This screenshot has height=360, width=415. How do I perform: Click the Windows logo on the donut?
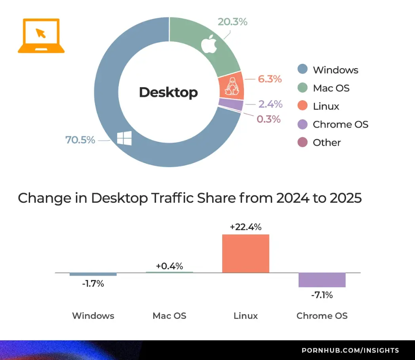pyautogui.click(x=124, y=139)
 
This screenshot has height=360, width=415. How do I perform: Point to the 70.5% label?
pyautogui.click(x=80, y=140)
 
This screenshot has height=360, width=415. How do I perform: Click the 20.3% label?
pyautogui.click(x=232, y=22)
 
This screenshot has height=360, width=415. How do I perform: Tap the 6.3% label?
pyautogui.click(x=270, y=79)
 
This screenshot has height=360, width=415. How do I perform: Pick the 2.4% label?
pyautogui.click(x=270, y=104)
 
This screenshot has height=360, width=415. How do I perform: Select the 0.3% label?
pyautogui.click(x=268, y=119)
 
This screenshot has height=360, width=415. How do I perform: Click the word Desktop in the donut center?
pyautogui.click(x=168, y=93)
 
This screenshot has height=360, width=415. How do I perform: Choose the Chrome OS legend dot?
pyautogui.click(x=303, y=124)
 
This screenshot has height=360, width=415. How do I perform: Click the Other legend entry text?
pyautogui.click(x=327, y=143)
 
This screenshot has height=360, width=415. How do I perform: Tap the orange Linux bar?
pyautogui.click(x=246, y=253)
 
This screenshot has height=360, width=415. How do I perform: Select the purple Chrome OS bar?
pyautogui.click(x=322, y=280)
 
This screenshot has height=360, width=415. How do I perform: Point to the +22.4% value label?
pyautogui.click(x=246, y=227)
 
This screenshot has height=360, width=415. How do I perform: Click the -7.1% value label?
pyautogui.click(x=322, y=295)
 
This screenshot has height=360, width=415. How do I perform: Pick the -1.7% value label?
pyautogui.click(x=93, y=284)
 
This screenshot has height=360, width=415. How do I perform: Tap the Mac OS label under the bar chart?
pyautogui.click(x=169, y=316)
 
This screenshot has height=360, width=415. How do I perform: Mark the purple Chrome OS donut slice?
pyautogui.click(x=230, y=104)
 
